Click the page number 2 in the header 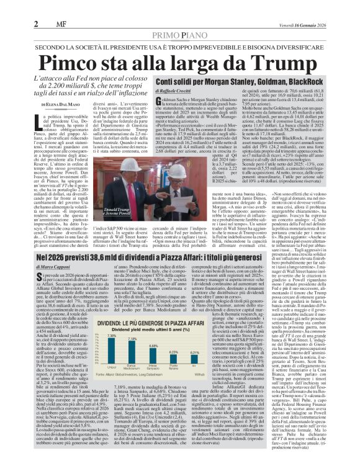(9, 7)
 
